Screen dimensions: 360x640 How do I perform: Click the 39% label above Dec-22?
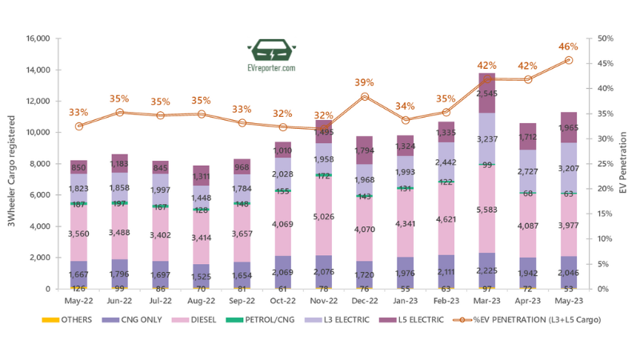coord(364,82)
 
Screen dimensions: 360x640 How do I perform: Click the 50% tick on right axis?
coord(606,38)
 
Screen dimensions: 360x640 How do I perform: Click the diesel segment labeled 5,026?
coord(323,215)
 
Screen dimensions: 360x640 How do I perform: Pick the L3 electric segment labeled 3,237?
coord(486,138)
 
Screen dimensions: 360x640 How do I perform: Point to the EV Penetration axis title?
coord(625,165)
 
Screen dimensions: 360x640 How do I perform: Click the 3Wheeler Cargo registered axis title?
coord(12,164)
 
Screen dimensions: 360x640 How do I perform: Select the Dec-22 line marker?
coord(364,97)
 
